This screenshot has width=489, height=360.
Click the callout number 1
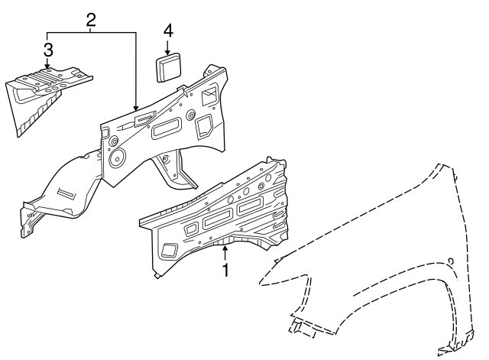pyautogui.click(x=226, y=270)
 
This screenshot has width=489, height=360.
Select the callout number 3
pyautogui.click(x=47, y=51)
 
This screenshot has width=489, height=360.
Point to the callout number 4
pyautogui.click(x=167, y=31)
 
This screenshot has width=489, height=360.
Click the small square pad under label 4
pyautogui.click(x=168, y=66)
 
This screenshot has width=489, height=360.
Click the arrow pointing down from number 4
pyautogui.click(x=167, y=46)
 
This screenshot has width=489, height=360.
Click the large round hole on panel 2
pyautogui.click(x=118, y=159)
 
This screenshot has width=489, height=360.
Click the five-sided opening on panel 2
pyautogui.click(x=206, y=124)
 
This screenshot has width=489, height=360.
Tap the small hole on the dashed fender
pyautogui.click(x=450, y=261)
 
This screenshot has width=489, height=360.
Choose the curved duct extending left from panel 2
pyautogui.click(x=65, y=188)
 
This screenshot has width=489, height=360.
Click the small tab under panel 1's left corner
pyautogui.click(x=156, y=274)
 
